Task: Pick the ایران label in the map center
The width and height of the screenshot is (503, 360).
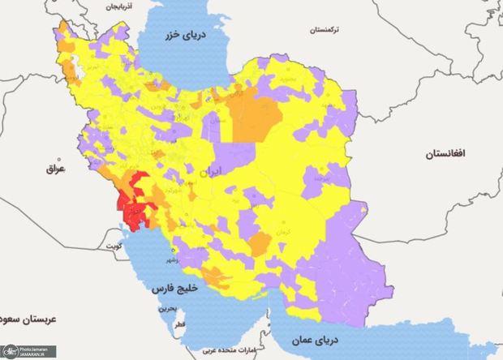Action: (212, 172)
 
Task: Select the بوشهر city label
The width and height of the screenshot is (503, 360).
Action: (174, 260)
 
